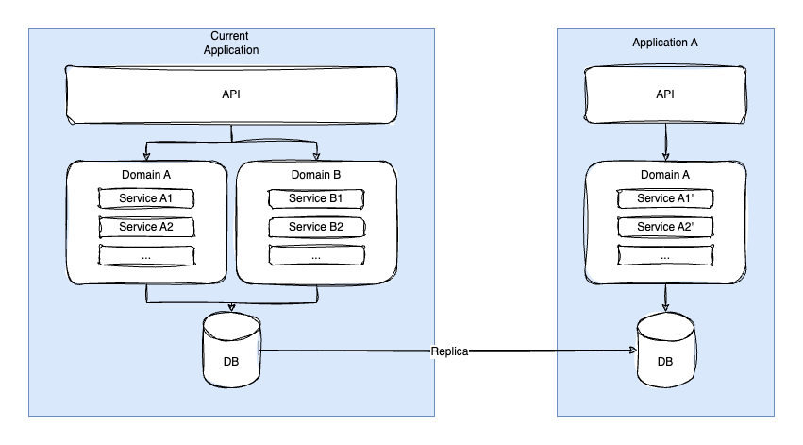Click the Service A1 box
(146, 198)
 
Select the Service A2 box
(146, 227)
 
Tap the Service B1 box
(316, 198)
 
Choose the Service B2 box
(316, 227)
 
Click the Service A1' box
(665, 198)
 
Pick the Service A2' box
(665, 227)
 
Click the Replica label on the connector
(449, 351)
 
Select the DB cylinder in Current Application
(231, 350)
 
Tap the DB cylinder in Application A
(665, 350)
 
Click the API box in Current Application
(231, 94)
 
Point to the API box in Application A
(665, 94)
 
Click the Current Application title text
(231, 43)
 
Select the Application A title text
(664, 43)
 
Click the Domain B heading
(316, 175)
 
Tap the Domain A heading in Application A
(664, 175)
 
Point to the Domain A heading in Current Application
(146, 175)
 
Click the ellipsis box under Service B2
(316, 255)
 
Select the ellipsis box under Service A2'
(665, 255)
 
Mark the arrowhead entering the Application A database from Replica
(633, 351)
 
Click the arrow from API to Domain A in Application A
(665, 142)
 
